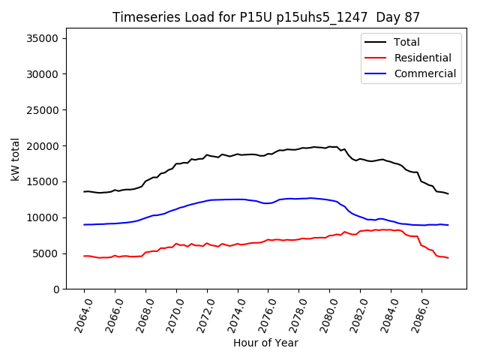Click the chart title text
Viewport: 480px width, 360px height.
[266, 17]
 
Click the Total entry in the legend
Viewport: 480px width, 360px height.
[406, 42]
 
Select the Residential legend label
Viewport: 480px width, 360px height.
[423, 58]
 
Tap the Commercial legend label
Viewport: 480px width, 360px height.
[424, 73]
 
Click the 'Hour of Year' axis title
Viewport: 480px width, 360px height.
[265, 343]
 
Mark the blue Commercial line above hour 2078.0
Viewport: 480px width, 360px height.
[299, 199]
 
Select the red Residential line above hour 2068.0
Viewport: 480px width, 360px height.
[145, 252]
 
